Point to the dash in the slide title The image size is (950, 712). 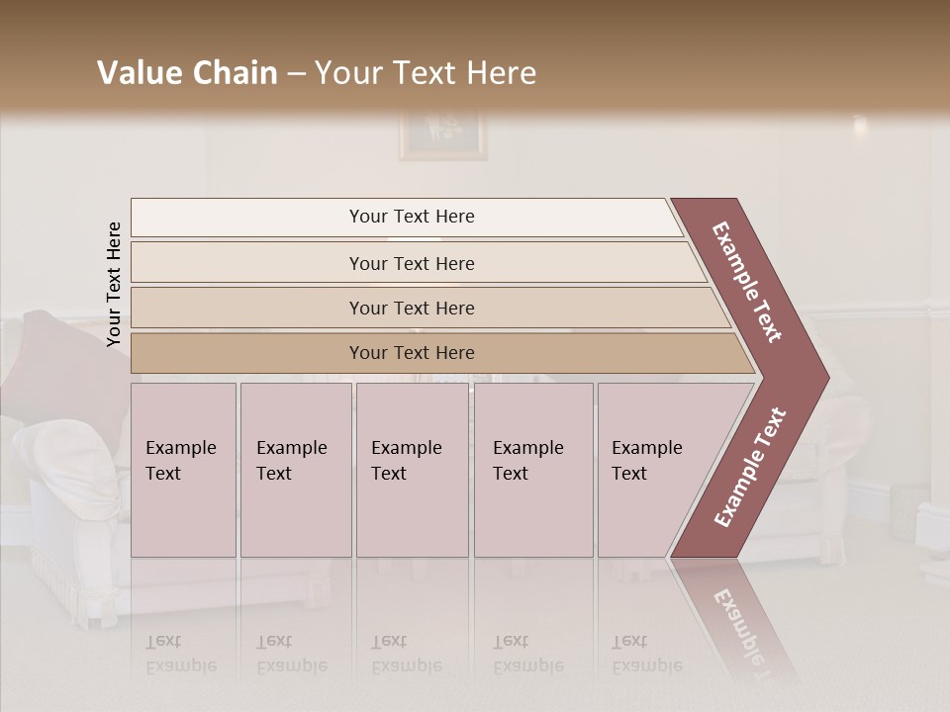click(x=296, y=74)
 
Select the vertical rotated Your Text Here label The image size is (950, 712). click(x=114, y=284)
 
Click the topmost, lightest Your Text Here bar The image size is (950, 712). click(x=412, y=217)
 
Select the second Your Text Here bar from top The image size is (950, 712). click(x=412, y=263)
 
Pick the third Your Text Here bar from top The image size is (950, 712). click(x=412, y=308)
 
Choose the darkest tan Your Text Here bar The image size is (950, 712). click(x=412, y=353)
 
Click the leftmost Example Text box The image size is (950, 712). click(x=183, y=470)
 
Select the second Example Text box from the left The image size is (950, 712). click(x=295, y=470)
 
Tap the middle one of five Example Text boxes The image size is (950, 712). click(x=412, y=470)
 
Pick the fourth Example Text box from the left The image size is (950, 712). click(x=532, y=470)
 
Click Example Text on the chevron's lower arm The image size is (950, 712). click(x=750, y=467)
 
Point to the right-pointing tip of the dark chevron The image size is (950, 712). click(x=825, y=376)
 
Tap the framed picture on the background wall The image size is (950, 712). click(x=442, y=134)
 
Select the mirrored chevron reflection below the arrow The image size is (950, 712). click(x=737, y=623)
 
